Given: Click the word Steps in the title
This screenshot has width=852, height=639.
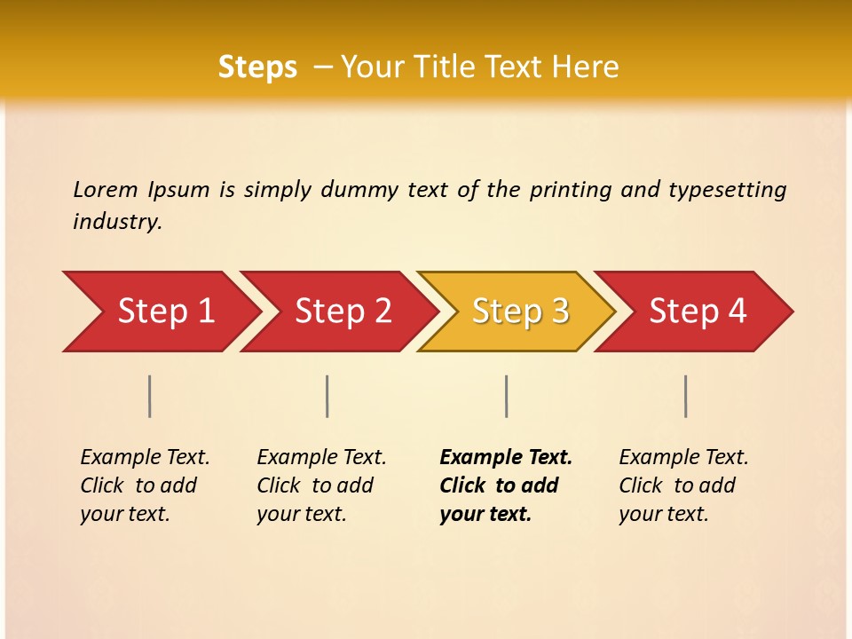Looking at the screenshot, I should (257, 67).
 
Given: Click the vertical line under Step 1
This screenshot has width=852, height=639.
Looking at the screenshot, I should (150, 396).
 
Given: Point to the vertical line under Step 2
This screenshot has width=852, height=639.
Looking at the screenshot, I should (327, 396).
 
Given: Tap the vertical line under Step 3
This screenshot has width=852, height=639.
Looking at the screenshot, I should (506, 396).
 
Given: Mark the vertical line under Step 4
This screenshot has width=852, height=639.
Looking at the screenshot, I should (685, 396).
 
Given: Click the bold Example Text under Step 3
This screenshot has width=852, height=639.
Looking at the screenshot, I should (506, 458).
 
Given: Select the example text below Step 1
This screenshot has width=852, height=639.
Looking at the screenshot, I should (145, 485).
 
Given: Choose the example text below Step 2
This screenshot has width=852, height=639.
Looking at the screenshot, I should (321, 485).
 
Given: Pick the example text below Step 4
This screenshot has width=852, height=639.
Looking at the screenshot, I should (683, 485).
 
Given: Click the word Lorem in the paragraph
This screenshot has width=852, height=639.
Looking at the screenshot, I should (106, 190).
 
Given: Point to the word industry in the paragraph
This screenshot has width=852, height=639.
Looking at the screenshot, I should (117, 222).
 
